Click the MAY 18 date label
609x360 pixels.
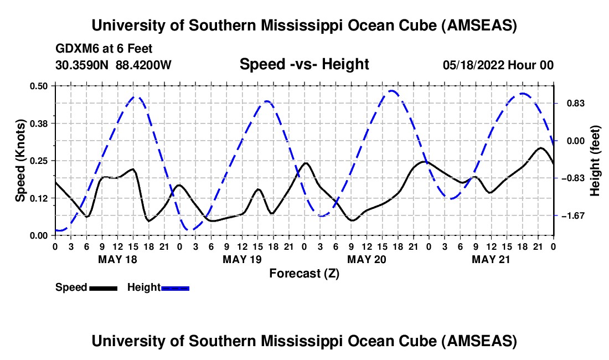tap(117, 259)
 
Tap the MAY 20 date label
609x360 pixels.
tap(366, 259)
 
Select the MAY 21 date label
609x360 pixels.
tap(491, 259)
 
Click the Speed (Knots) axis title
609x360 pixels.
tap(20, 161)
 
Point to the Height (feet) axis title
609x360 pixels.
tap(595, 161)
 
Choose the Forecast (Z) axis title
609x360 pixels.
tap(304, 273)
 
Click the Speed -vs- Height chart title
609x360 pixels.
tap(304, 64)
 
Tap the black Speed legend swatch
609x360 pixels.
tap(103, 287)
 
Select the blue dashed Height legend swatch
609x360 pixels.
tap(175, 287)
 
